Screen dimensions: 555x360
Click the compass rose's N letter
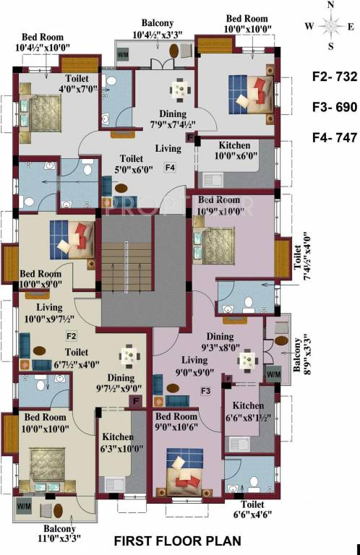pos(331,6)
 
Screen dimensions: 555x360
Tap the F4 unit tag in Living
pos(170,168)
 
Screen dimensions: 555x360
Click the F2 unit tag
pos(72,336)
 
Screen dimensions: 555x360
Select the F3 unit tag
pos(205,392)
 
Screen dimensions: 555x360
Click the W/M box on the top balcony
pos(123,53)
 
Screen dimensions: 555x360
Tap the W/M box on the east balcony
pos(273,374)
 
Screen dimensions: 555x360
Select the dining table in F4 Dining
pos(178,90)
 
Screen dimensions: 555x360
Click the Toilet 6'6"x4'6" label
pos(247,510)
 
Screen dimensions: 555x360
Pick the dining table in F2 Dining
pos(129,355)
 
